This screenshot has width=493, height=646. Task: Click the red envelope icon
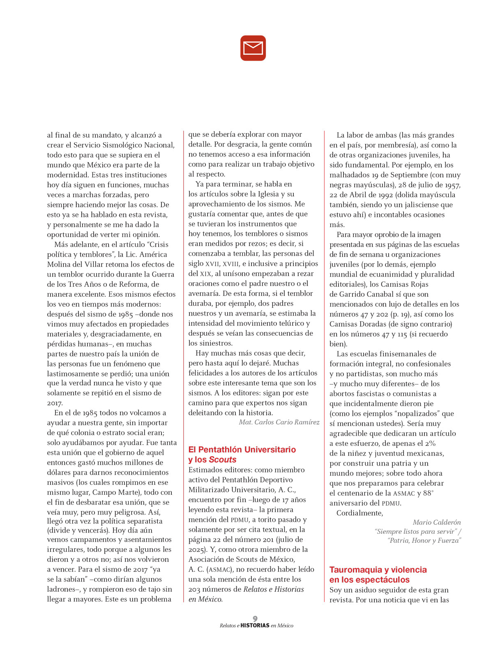pos(253,48)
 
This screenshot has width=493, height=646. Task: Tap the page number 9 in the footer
pos(255,618)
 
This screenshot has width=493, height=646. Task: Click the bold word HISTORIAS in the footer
pos(255,625)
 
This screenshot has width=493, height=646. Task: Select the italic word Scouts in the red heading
pos(223,459)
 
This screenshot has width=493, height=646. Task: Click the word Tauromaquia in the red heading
pos(355,570)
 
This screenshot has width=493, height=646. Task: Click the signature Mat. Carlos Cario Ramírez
pos(279,422)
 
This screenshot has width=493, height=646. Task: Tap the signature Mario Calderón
pos(437,522)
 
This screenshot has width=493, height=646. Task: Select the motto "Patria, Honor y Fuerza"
pos(424,540)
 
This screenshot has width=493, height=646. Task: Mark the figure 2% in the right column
pos(430,443)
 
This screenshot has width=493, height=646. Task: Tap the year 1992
pos(380,195)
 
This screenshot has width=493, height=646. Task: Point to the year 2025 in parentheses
pos(197,549)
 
